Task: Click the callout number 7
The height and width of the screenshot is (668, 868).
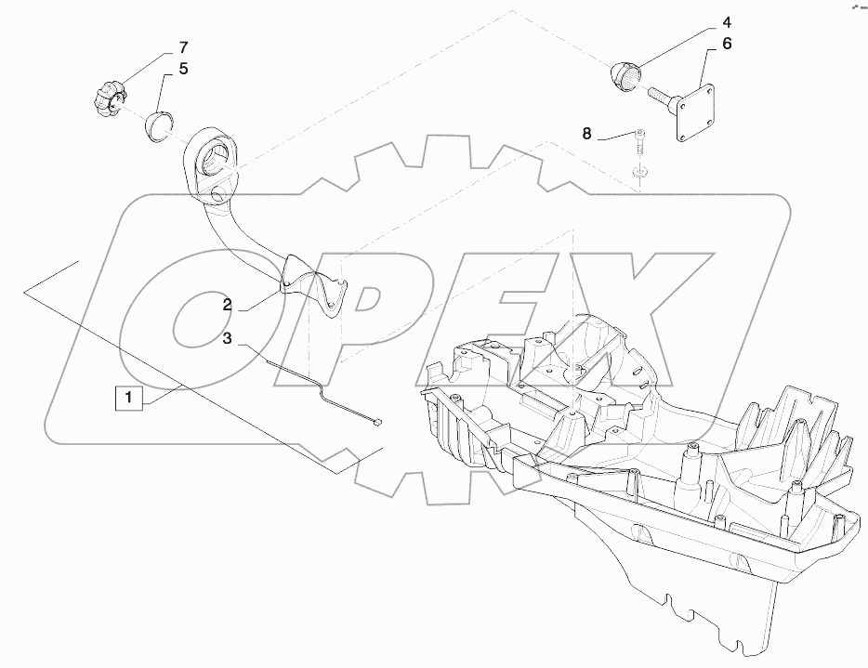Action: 183,47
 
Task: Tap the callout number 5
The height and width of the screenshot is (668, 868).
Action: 183,69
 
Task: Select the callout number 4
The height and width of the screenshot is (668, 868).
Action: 726,22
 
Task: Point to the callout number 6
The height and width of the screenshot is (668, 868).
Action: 727,44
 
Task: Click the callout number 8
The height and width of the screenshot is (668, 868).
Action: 586,134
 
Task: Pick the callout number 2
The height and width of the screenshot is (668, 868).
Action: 228,305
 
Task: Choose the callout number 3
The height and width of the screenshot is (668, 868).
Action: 228,338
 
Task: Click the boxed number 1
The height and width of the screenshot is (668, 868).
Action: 128,398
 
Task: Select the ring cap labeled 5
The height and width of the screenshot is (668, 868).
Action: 159,126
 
